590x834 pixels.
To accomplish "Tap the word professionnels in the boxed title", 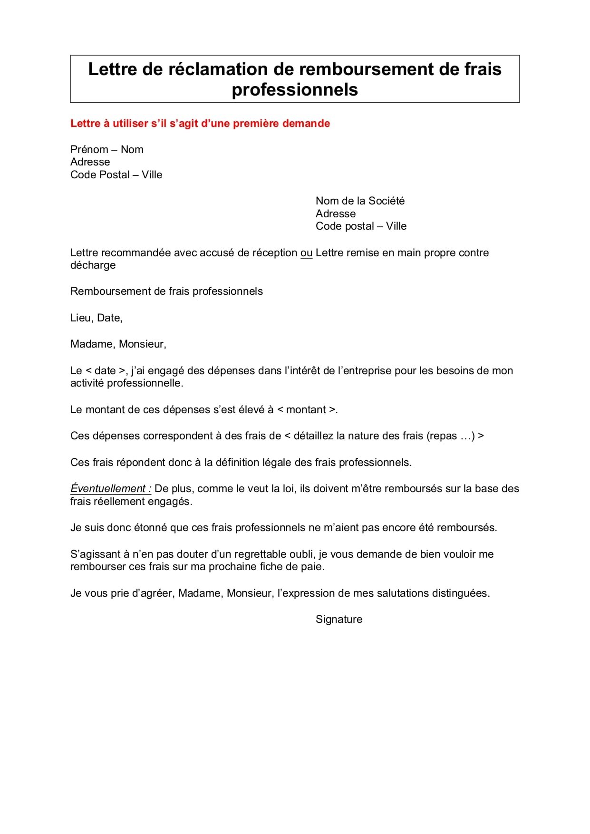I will (295, 90).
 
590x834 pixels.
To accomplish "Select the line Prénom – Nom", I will (106, 150).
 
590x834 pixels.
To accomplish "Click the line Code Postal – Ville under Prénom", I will (116, 175).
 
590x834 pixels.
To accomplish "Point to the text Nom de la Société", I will (360, 201).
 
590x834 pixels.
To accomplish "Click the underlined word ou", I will (306, 253).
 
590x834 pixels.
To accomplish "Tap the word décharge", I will (93, 265).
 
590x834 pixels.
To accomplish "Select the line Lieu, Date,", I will (97, 318).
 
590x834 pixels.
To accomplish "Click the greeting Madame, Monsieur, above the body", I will (118, 344).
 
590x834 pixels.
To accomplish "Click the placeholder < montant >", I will (306, 410).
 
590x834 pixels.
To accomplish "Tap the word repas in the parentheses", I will (443, 436).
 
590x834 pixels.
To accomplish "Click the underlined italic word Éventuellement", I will (109, 489).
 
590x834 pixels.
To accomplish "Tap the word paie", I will (314, 567).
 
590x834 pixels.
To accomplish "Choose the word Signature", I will (339, 620).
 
